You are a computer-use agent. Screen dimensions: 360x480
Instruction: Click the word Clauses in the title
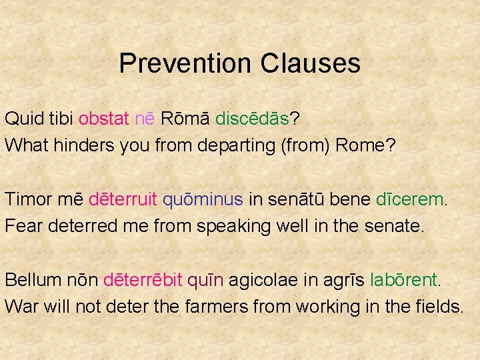pyautogui.click(x=311, y=64)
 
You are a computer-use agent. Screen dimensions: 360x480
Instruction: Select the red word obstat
pyautogui.click(x=103, y=119)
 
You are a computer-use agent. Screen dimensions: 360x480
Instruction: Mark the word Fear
pyautogui.click(x=23, y=226)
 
